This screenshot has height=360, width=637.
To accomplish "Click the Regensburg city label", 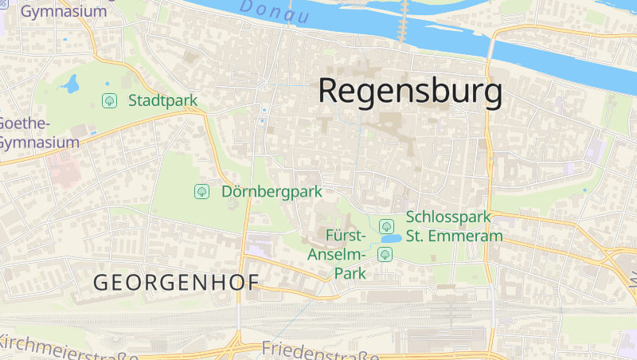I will click(x=410, y=92).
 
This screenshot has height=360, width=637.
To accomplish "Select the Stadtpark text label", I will click(x=162, y=101).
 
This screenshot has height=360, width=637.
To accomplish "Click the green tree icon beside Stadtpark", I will click(x=109, y=101).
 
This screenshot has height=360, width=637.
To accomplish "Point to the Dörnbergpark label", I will click(x=272, y=191).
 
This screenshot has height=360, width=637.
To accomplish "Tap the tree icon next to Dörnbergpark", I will click(x=201, y=191).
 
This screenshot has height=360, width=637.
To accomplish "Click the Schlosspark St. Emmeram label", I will click(x=454, y=226).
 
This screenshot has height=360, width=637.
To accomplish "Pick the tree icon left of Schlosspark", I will click(x=386, y=226).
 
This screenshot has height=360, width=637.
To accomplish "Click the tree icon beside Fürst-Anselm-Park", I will click(x=385, y=254).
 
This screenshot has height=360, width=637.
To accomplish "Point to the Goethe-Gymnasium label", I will click(x=38, y=133).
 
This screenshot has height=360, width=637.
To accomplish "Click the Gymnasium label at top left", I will click(x=64, y=11).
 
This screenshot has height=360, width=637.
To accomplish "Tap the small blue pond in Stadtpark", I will click(x=72, y=83).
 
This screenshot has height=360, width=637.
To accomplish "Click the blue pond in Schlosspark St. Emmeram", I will click(x=391, y=239).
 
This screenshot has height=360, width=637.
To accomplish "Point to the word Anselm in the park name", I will click(x=337, y=254).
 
